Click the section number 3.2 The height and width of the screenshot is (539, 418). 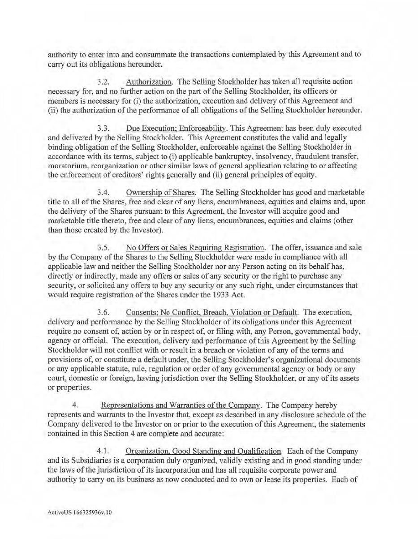[103, 82]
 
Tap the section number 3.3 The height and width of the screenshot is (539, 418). [103, 129]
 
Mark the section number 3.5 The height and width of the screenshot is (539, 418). [103, 248]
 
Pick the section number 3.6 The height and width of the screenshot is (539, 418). [103, 312]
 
